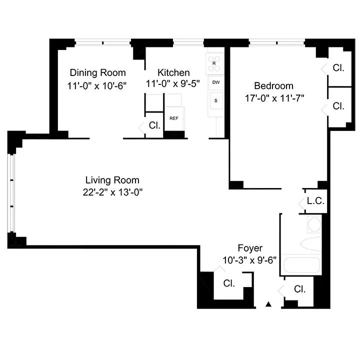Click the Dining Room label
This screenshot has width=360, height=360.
click(x=97, y=72)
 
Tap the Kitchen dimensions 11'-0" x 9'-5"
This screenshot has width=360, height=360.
click(x=173, y=84)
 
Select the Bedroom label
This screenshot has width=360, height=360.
click(x=273, y=85)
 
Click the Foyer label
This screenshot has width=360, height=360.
click(x=250, y=248)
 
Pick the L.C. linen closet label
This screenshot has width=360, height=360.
click(x=316, y=201)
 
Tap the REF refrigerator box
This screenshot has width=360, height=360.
click(x=174, y=118)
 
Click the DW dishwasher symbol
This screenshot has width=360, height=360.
click(x=216, y=81)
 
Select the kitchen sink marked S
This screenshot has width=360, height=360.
click(x=216, y=100)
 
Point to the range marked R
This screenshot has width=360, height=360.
click(x=214, y=63)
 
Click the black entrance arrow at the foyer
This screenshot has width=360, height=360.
click(x=268, y=303)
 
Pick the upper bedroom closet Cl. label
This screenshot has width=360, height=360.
click(x=338, y=67)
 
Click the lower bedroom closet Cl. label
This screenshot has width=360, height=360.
click(x=338, y=105)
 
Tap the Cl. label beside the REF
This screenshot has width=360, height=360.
click(x=154, y=125)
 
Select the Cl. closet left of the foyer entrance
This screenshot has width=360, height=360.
click(x=229, y=283)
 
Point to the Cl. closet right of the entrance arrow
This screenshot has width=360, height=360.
click(x=299, y=289)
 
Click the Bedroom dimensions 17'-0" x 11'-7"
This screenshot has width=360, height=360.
click(x=274, y=98)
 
